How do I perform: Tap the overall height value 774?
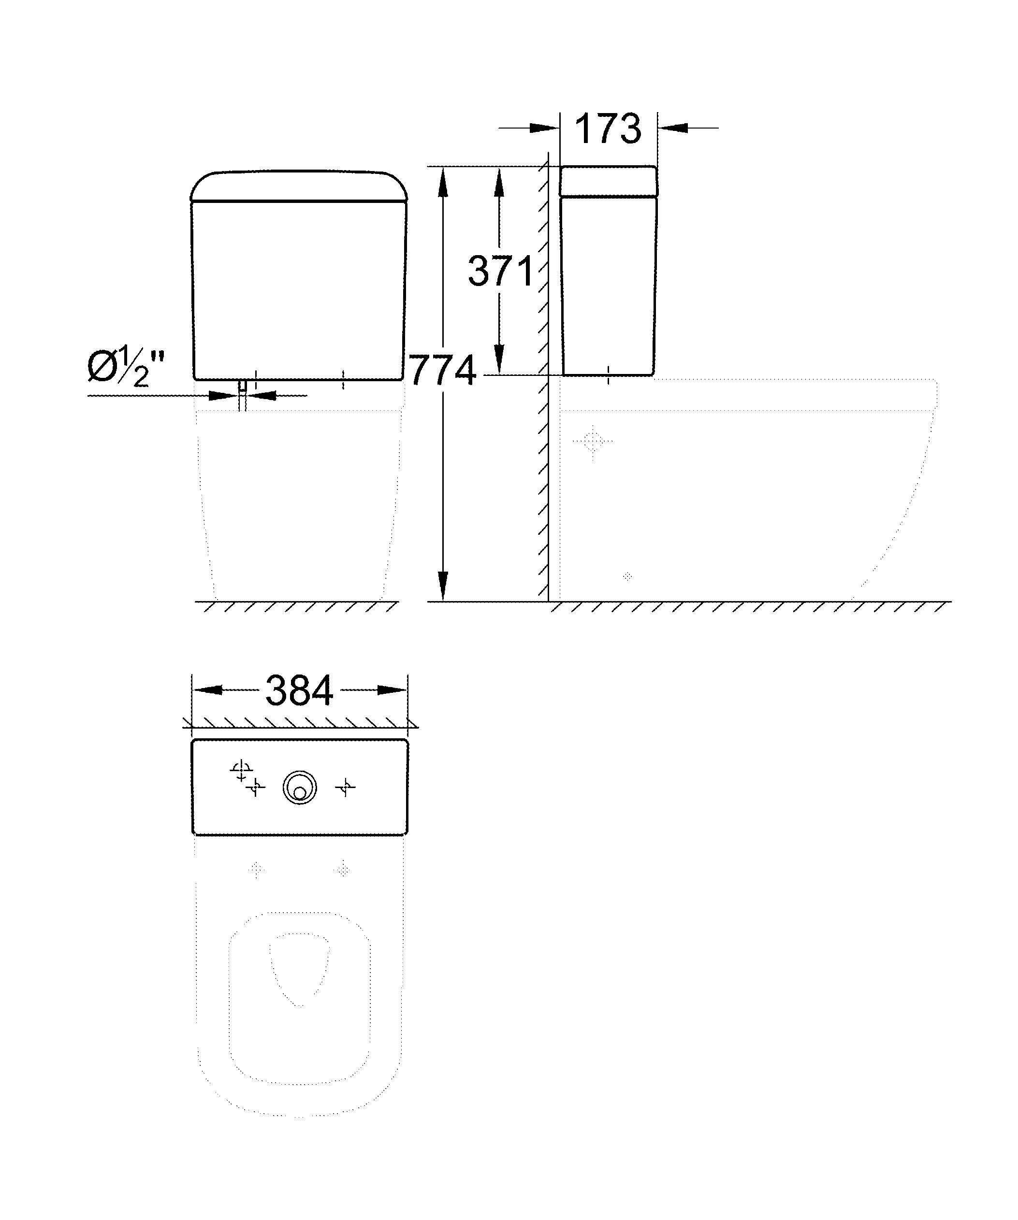click(x=443, y=370)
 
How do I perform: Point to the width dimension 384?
click(x=299, y=690)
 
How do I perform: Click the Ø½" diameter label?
click(x=126, y=368)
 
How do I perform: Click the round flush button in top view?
click(x=300, y=789)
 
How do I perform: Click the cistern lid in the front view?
click(x=299, y=186)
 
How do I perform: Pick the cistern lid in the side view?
click(x=608, y=181)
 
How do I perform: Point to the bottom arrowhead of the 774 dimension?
click(x=443, y=586)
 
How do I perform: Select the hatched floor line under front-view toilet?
click(x=296, y=607)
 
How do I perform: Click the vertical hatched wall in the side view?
click(x=543, y=378)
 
